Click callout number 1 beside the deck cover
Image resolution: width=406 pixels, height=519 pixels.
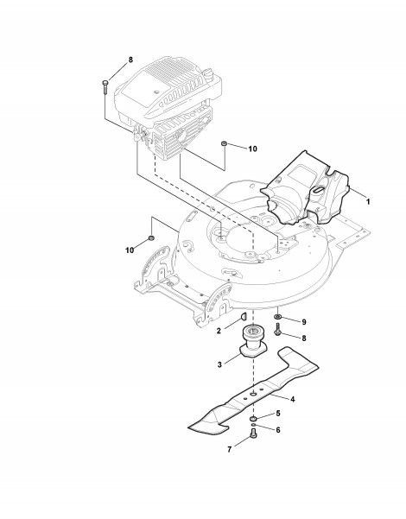368,201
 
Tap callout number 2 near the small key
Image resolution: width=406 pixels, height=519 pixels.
219,331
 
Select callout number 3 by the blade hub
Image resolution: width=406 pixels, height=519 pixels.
219,364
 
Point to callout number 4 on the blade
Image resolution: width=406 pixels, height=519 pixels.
293,399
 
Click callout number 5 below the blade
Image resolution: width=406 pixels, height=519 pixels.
278,414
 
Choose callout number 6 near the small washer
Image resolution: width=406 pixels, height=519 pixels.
278,430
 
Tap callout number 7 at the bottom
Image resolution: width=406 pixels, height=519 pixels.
230,450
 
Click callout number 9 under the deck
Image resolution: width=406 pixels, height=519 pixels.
304,322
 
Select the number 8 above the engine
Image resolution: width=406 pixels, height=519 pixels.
130,60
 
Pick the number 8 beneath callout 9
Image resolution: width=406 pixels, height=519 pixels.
304,339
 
